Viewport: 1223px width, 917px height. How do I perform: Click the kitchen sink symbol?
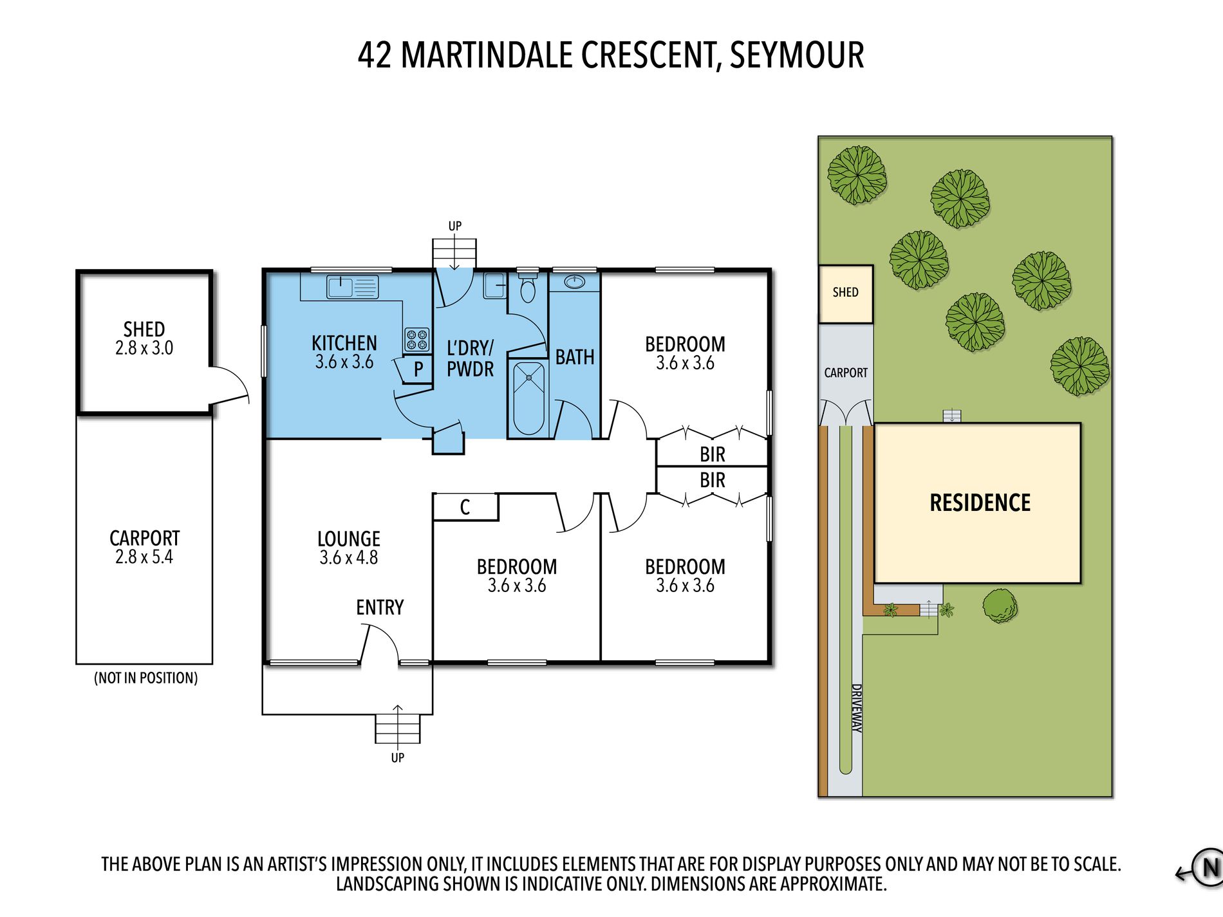pyautogui.click(x=352, y=286)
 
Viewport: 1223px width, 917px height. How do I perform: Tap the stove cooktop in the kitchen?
pyautogui.click(x=416, y=339)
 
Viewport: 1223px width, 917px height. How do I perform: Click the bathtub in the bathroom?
pyautogui.click(x=529, y=398)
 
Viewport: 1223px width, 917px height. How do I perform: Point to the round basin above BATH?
pyautogui.click(x=574, y=282)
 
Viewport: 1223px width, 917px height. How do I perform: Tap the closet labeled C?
pyautogui.click(x=465, y=507)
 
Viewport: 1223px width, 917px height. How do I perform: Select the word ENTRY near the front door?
pyautogui.click(x=380, y=607)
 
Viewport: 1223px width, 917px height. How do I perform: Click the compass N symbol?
pyautogui.click(x=1209, y=867)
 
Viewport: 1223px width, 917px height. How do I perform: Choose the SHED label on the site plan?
pyautogui.click(x=845, y=292)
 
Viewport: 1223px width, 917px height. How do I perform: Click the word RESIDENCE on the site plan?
pyautogui.click(x=980, y=503)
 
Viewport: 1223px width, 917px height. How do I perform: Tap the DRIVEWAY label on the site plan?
pyautogui.click(x=857, y=708)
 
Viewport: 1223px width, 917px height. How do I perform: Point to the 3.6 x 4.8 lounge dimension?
pyautogui.click(x=348, y=557)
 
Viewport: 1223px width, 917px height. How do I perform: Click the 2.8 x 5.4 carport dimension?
pyautogui.click(x=144, y=557)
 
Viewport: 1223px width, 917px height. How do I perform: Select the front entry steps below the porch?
pyautogui.click(x=398, y=728)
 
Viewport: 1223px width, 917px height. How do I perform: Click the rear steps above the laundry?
pyautogui.click(x=454, y=254)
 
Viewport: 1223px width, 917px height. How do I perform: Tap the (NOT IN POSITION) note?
pyautogui.click(x=146, y=678)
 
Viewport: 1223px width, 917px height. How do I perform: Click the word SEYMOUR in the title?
pyautogui.click(x=797, y=55)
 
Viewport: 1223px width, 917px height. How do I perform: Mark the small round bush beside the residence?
pyautogui.click(x=1000, y=606)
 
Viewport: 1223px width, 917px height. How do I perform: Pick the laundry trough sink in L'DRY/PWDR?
pyautogui.click(x=494, y=285)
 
